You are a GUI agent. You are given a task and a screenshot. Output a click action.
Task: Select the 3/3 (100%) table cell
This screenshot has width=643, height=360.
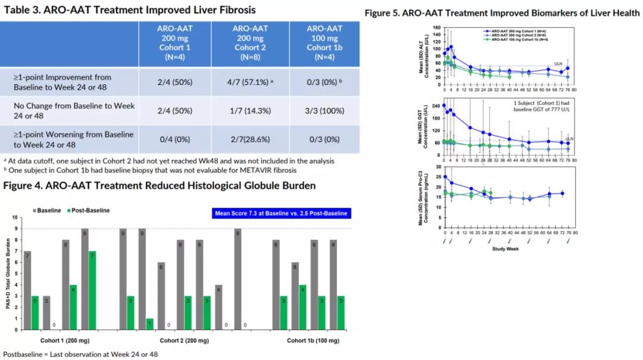324,111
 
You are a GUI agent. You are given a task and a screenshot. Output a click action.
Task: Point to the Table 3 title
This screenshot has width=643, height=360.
130,10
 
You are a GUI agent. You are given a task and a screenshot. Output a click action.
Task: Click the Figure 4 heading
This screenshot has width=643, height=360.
159,186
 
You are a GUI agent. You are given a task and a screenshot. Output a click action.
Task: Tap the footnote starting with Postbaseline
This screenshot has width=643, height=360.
80,354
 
